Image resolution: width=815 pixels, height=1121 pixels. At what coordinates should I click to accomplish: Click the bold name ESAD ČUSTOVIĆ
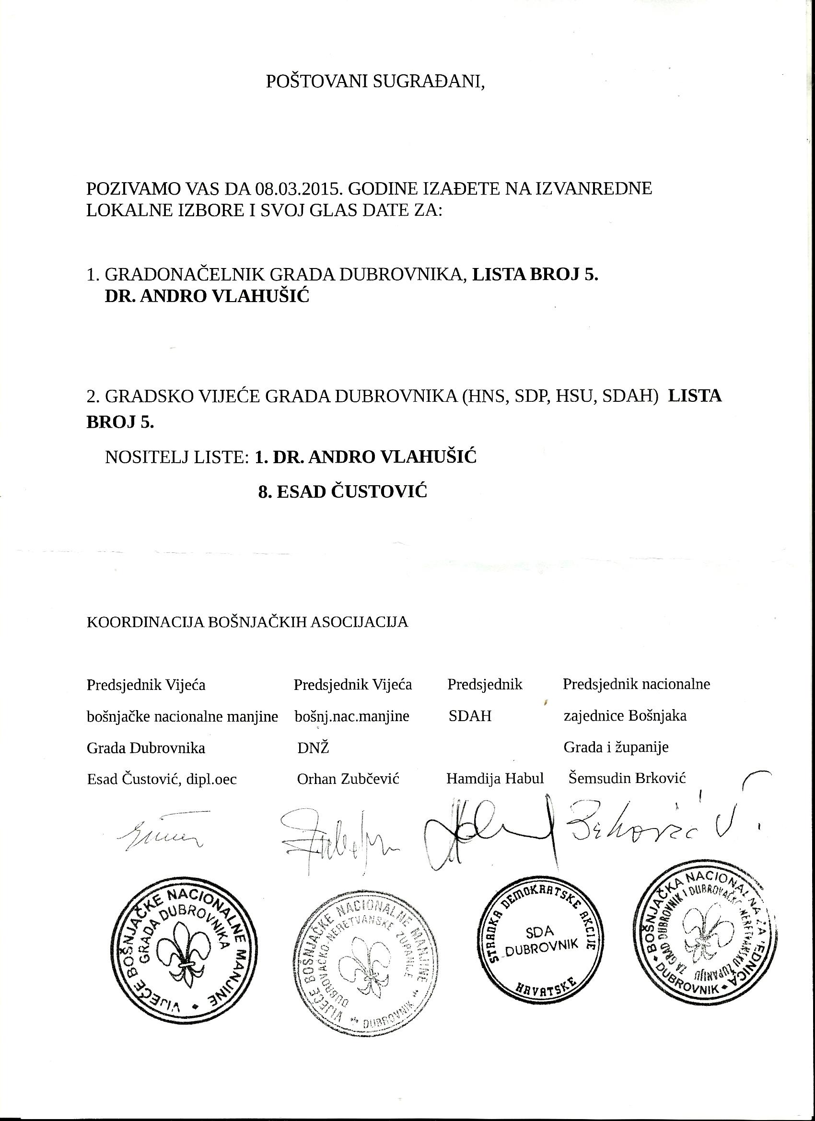[x=342, y=492]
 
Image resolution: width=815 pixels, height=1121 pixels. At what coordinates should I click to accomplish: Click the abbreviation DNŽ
[x=314, y=748]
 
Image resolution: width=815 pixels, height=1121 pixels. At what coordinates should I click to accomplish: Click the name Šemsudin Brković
[x=627, y=779]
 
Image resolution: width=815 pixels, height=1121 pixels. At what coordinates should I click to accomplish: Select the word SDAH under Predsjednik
[x=470, y=716]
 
